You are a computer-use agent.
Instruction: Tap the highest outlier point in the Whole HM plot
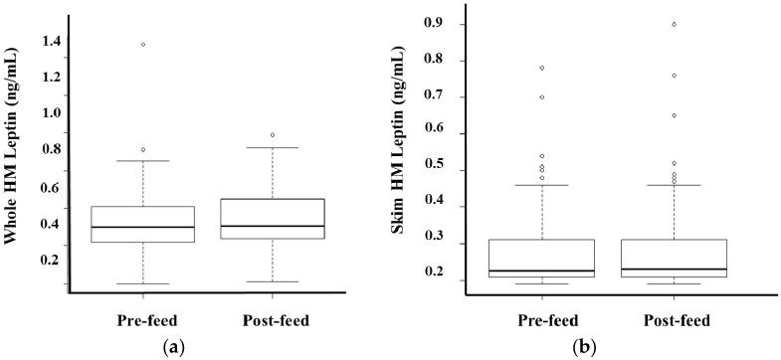point(143,44)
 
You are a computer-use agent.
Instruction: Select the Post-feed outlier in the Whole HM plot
point(273,135)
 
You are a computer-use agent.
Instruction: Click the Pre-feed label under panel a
point(143,320)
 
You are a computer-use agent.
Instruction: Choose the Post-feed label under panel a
point(276,320)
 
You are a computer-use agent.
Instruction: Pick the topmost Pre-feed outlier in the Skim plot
point(542,68)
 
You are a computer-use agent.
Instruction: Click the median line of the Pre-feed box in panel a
point(143,227)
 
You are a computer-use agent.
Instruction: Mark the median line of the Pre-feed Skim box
point(542,270)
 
